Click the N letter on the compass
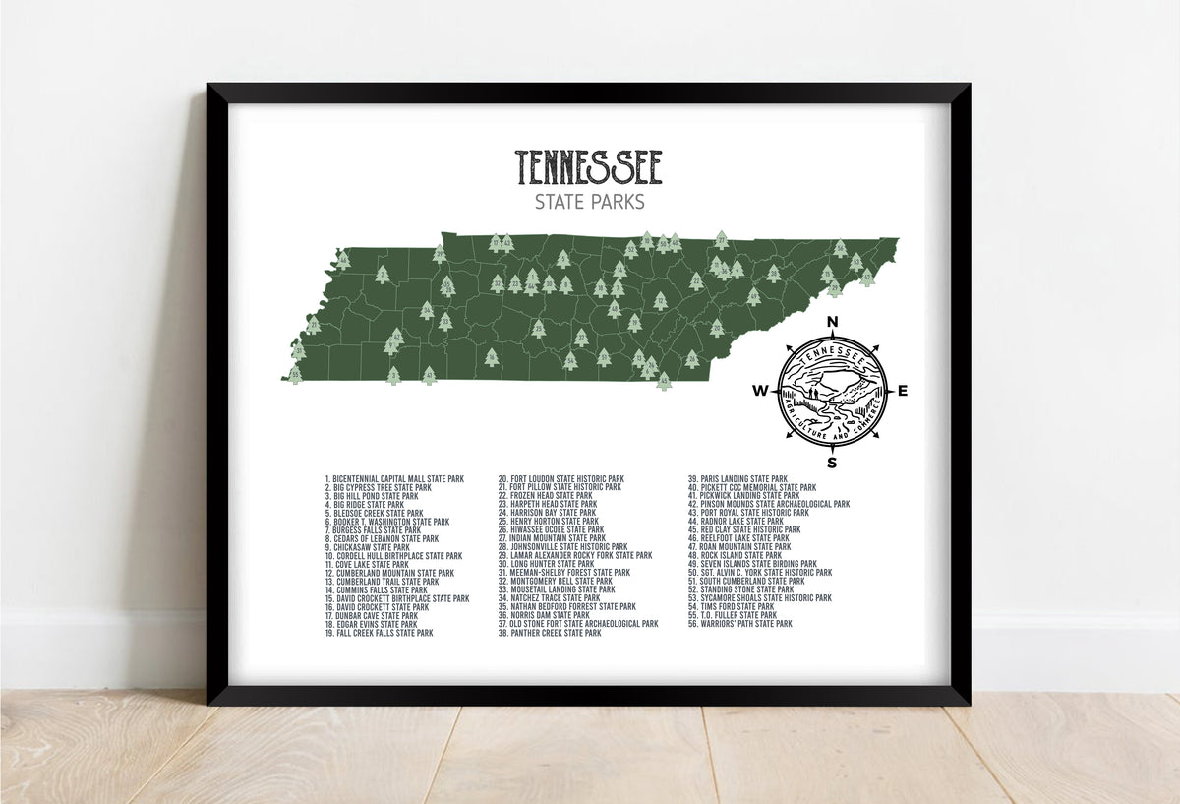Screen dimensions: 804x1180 (x=832, y=321)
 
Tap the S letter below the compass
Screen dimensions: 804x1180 (x=832, y=463)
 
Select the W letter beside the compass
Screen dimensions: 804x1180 (x=760, y=391)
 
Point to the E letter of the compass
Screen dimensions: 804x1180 (x=903, y=391)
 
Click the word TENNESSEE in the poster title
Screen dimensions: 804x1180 (x=589, y=168)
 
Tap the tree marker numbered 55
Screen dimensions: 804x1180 (x=295, y=374)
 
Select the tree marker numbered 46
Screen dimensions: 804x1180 (x=342, y=260)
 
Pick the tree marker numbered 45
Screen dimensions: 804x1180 (x=664, y=380)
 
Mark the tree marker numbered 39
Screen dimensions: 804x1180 (x=439, y=254)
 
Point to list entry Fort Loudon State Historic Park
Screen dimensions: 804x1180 (x=560, y=479)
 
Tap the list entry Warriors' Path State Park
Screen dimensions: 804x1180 (x=739, y=624)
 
